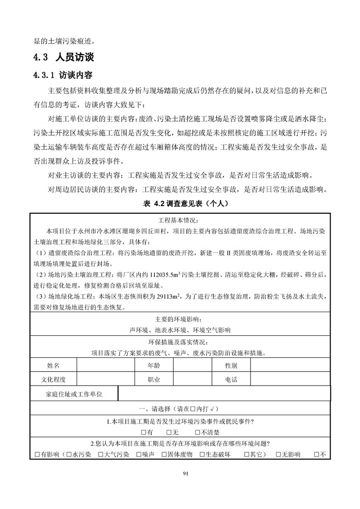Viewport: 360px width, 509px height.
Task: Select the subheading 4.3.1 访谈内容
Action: pyautogui.click(x=63, y=75)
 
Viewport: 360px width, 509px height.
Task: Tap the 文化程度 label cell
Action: pyautogui.click(x=53, y=380)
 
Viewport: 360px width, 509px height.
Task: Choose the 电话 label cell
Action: pyautogui.click(x=231, y=380)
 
